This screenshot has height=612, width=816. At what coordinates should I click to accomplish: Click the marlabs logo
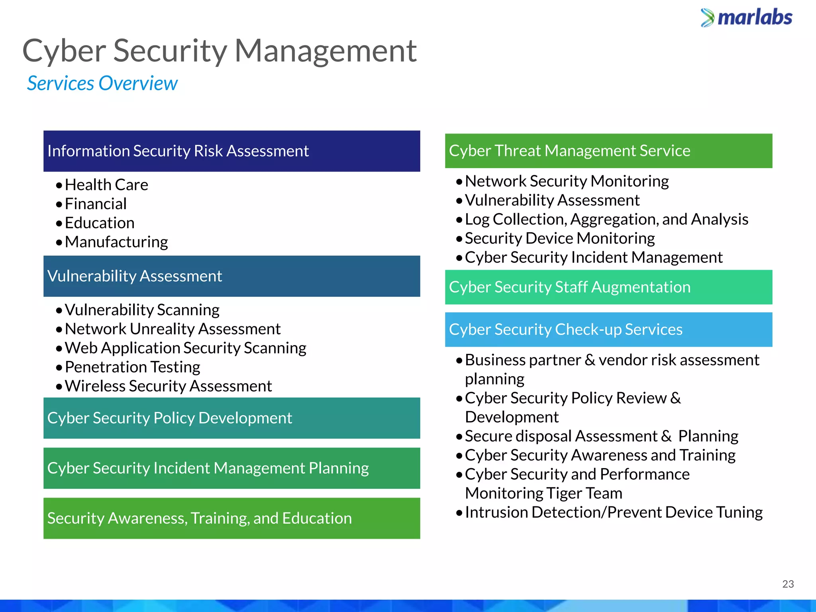coord(747,18)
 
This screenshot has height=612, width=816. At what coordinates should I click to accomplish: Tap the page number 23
coord(788,584)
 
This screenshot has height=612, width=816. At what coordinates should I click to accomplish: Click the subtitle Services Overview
coord(102,84)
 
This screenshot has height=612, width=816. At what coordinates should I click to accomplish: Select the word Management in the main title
coord(325,51)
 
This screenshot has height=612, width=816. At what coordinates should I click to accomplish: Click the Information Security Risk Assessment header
coord(231,151)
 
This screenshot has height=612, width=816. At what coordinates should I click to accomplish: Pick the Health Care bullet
coord(106,185)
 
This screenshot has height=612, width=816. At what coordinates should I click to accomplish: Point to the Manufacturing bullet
coord(116,242)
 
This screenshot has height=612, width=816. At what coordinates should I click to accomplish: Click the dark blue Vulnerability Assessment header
coord(231,276)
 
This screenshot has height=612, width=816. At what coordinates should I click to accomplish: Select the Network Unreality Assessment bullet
coord(173,329)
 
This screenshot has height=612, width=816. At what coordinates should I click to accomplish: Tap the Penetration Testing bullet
coord(132,367)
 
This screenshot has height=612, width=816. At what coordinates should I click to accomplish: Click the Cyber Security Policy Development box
coord(231,418)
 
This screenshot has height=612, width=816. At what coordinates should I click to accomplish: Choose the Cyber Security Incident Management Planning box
coord(231,468)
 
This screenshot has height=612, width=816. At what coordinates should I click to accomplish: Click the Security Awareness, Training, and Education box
coord(231,518)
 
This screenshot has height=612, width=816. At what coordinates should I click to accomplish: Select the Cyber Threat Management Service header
coord(608,151)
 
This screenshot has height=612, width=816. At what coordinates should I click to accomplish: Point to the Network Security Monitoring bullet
coord(567,181)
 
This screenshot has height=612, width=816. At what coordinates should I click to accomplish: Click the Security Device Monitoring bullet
coord(560,239)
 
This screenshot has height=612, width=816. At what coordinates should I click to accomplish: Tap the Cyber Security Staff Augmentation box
coord(608,287)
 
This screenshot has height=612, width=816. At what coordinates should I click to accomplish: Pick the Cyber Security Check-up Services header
coord(608,330)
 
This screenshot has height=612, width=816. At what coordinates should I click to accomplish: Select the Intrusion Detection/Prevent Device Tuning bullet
coord(614,512)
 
